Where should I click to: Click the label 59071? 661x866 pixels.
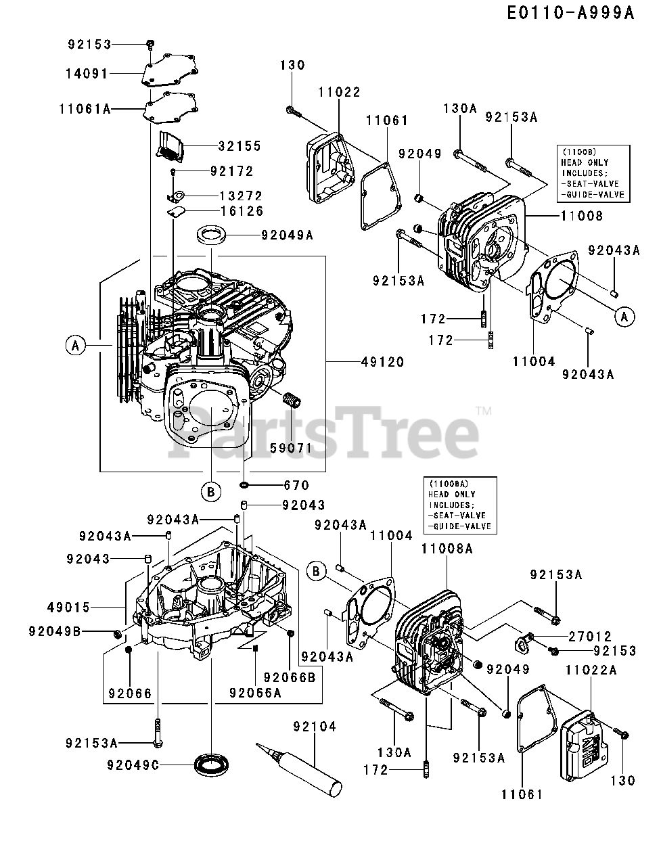click(x=292, y=448)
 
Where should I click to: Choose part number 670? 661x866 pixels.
click(x=296, y=485)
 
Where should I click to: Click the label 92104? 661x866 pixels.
click(x=315, y=727)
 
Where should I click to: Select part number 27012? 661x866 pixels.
click(x=590, y=637)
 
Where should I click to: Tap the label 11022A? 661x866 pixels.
click(x=591, y=670)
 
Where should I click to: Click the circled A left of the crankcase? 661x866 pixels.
click(x=75, y=346)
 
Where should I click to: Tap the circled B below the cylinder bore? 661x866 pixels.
click(x=210, y=492)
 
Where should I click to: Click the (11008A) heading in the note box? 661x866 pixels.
click(x=447, y=484)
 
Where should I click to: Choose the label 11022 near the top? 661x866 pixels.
click(x=339, y=92)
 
